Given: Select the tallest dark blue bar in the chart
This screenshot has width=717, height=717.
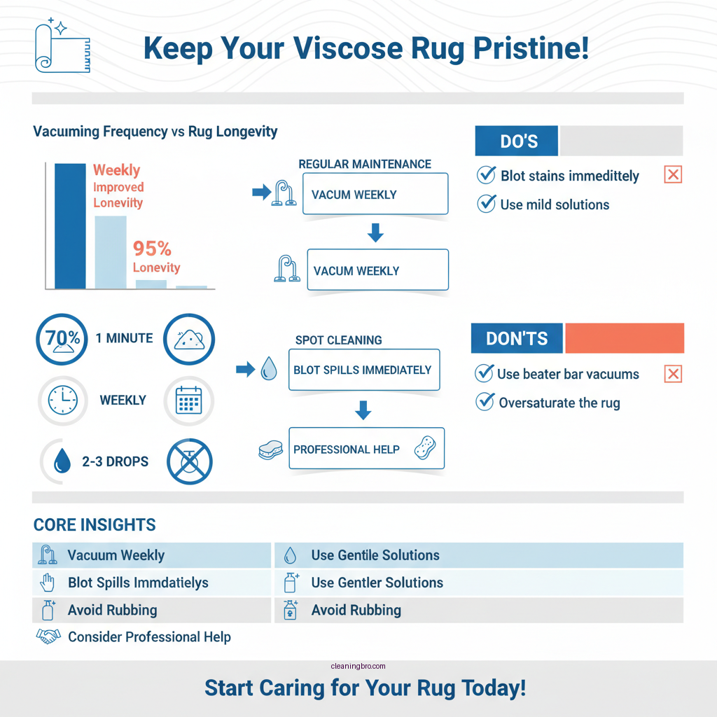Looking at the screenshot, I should [70, 225].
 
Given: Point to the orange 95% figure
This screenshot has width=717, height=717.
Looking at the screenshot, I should [152, 249].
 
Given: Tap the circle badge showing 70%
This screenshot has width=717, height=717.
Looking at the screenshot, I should [62, 340].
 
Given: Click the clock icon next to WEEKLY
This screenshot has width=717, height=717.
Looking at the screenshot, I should [62, 401].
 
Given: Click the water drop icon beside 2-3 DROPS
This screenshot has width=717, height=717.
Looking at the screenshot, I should [62, 461].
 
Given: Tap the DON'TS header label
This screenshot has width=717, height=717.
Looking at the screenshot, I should [517, 338].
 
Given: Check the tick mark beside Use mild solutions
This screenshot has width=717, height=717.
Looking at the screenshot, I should [486, 204].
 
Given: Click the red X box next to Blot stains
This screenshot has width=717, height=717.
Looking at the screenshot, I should [672, 175].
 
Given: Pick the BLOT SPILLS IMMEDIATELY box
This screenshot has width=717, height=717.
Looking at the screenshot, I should [363, 370].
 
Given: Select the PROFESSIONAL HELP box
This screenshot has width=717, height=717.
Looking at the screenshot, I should [366, 449].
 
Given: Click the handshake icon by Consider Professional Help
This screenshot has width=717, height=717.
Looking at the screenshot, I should [48, 637].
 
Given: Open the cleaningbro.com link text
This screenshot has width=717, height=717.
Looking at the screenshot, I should [357, 667].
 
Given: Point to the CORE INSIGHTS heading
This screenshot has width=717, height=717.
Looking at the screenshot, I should [95, 525].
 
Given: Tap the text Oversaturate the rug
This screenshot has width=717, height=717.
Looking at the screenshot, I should [559, 403].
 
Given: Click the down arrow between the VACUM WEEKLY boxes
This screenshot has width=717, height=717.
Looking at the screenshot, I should [375, 232].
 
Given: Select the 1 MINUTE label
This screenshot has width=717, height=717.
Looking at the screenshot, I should [124, 338].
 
